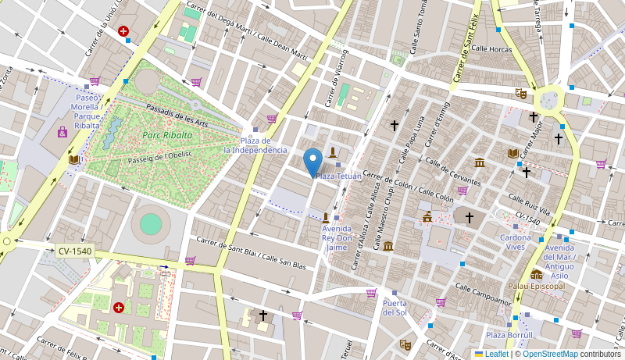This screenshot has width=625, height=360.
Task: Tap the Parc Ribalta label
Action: [x=162, y=135]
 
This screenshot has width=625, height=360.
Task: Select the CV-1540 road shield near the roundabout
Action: [x=74, y=251]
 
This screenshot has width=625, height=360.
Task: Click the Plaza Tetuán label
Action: [x=338, y=176]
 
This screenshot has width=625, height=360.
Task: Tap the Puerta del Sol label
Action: [x=395, y=307]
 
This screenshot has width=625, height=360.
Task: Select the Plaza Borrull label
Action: [x=509, y=335]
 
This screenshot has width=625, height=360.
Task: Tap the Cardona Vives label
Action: [x=516, y=242]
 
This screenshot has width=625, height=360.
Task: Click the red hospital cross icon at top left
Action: [x=123, y=31]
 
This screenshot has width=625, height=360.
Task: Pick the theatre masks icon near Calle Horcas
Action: [x=520, y=93]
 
